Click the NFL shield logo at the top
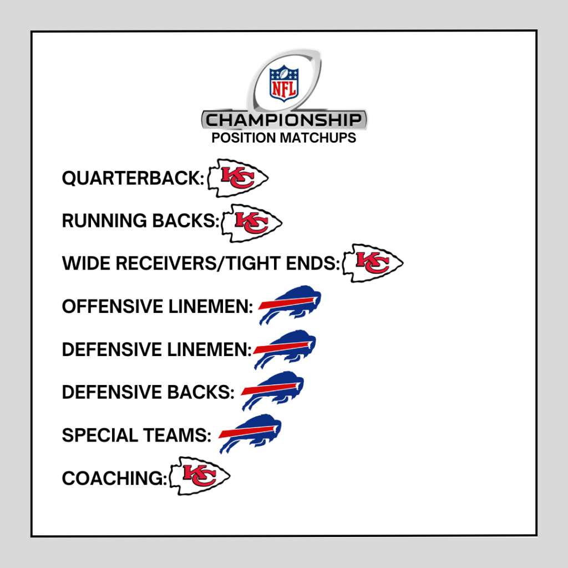(x=283, y=83)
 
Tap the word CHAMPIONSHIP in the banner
(x=284, y=120)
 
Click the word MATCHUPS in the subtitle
(x=318, y=138)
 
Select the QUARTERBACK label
(x=133, y=178)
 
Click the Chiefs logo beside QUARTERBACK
(x=237, y=178)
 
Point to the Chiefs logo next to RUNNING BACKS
(x=252, y=223)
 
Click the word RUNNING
(x=104, y=221)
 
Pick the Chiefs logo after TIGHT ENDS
(x=373, y=263)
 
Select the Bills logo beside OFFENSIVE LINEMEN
(x=290, y=305)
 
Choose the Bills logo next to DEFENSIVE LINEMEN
(x=285, y=349)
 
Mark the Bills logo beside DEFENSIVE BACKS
(x=273, y=391)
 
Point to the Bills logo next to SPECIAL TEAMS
(x=250, y=434)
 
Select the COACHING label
(x=114, y=478)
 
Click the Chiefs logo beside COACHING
(x=200, y=476)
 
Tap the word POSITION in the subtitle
(x=244, y=138)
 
